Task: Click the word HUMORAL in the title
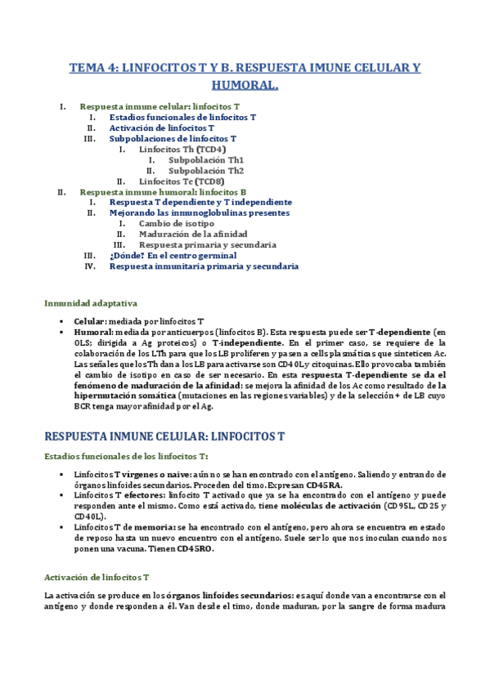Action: pos(245,84)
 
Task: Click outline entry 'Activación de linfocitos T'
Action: pos(162,128)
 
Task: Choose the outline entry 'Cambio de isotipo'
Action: pos(177,223)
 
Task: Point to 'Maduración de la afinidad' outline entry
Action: pos(193,234)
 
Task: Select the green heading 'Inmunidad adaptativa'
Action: pos(91,303)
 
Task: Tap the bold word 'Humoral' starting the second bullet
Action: pos(92,333)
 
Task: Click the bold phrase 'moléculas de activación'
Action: pos(312,506)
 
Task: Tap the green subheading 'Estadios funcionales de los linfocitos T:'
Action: pos(126,455)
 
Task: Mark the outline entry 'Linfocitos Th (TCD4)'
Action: pos(182,150)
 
